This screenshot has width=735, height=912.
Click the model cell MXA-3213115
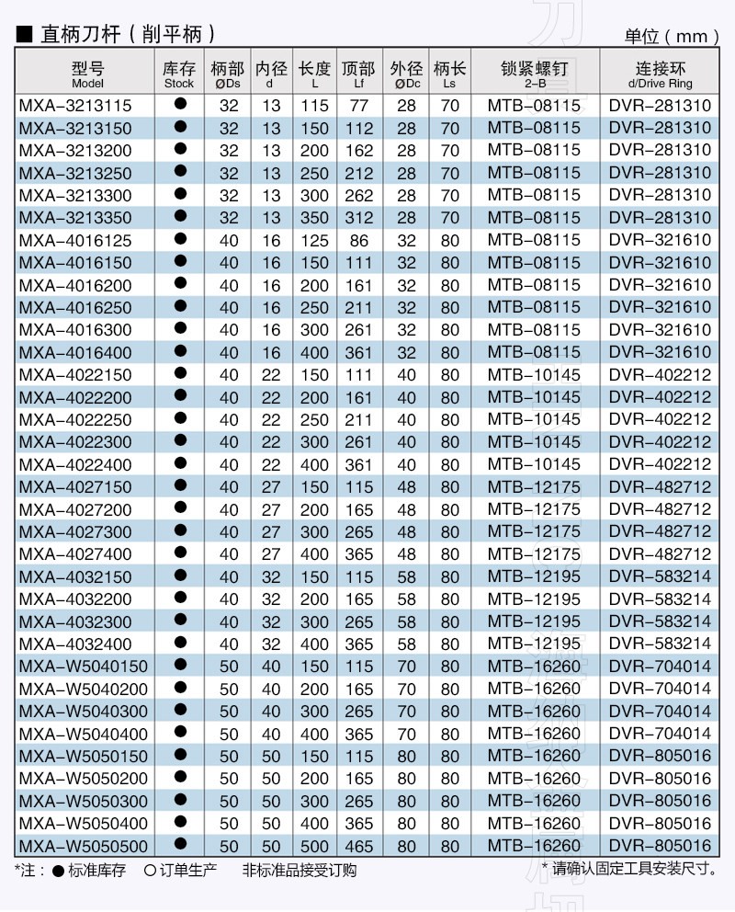(75, 106)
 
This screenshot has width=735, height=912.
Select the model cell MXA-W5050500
(83, 846)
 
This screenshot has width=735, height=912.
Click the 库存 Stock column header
(179, 74)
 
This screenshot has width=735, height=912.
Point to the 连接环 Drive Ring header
(660, 74)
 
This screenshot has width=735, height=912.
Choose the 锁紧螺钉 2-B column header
(534, 74)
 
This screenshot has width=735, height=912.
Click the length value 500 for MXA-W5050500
(314, 846)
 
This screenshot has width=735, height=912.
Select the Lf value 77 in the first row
(358, 106)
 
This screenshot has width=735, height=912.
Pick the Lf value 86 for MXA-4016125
(358, 241)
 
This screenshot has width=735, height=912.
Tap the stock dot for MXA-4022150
(180, 375)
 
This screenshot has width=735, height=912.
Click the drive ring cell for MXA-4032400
(660, 644)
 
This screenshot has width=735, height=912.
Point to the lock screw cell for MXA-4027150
(534, 487)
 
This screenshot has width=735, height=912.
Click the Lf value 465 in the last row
(358, 846)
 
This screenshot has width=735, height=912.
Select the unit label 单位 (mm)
(672, 36)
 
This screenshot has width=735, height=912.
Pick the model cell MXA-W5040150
(83, 667)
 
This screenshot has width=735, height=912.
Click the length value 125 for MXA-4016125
(314, 241)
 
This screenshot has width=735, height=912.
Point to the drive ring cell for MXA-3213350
(660, 218)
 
